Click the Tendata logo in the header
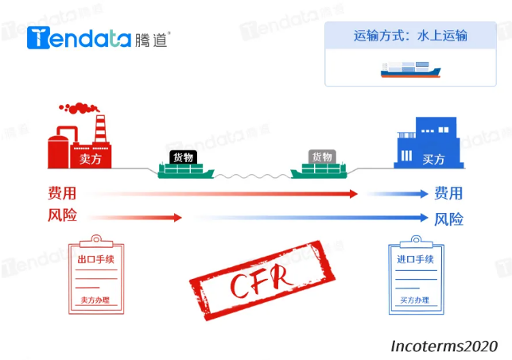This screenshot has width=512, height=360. (x=99, y=37)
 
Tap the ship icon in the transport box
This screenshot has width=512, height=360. (x=411, y=70)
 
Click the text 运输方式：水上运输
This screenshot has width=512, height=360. (x=410, y=36)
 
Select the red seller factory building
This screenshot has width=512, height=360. (x=80, y=143)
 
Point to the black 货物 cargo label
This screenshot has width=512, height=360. (x=184, y=157)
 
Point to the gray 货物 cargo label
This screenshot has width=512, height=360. (x=322, y=157)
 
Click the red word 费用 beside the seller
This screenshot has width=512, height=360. (x=62, y=193)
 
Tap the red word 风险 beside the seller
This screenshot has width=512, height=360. (x=62, y=215)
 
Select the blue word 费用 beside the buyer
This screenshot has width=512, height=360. (x=448, y=193)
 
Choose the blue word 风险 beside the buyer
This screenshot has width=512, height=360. (x=448, y=219)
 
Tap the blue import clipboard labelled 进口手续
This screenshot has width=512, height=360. (x=414, y=274)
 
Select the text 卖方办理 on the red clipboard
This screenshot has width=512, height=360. (x=94, y=300)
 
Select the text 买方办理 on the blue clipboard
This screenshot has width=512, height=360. (x=414, y=300)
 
